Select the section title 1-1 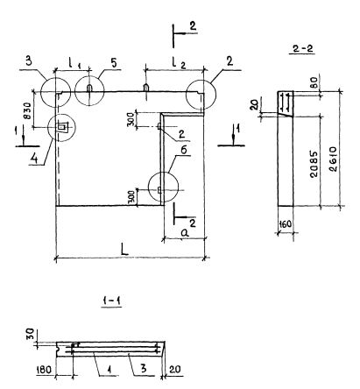(112, 301)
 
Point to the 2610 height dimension (334, 159)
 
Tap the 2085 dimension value (314, 164)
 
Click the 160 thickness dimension (286, 224)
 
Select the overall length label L (124, 250)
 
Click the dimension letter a (184, 233)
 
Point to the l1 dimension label (74, 63)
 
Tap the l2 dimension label (179, 63)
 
